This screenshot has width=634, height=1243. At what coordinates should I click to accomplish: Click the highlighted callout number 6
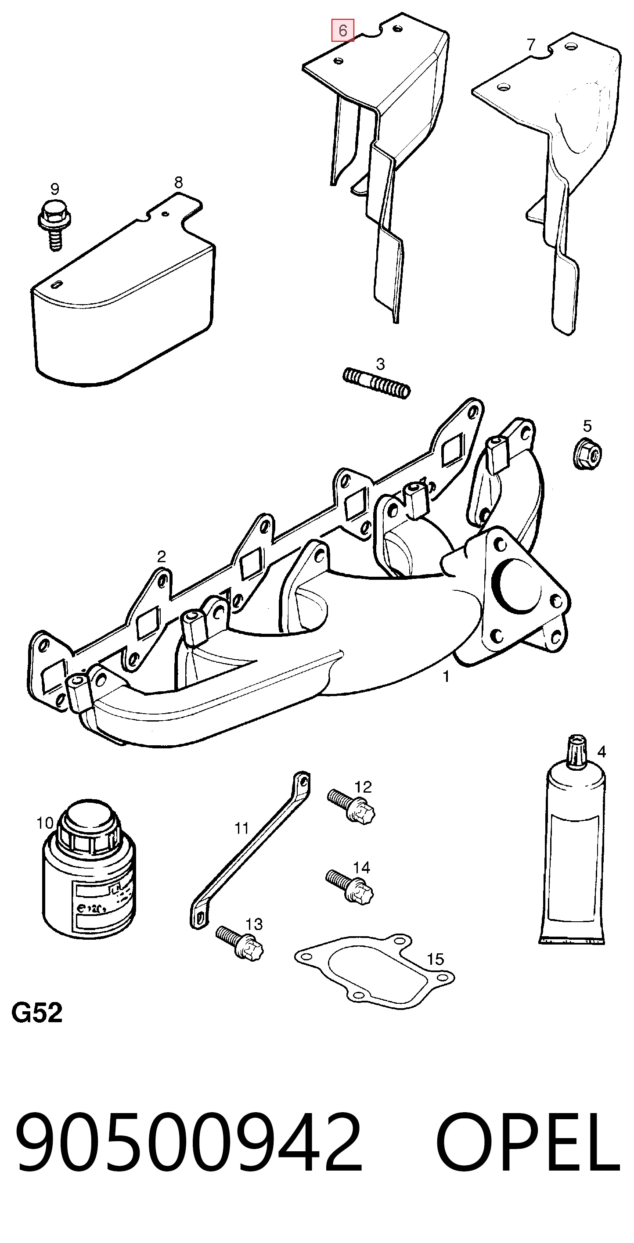[342, 31]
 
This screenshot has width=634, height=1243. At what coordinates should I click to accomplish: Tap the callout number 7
[531, 44]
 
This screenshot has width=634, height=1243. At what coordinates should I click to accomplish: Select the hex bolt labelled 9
[54, 225]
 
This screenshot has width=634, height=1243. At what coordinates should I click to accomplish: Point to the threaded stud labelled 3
[377, 383]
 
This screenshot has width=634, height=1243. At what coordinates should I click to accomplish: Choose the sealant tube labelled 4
[572, 841]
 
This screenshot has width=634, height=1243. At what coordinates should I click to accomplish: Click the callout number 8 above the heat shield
[179, 183]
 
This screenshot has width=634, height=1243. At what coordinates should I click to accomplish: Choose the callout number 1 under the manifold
[446, 676]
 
